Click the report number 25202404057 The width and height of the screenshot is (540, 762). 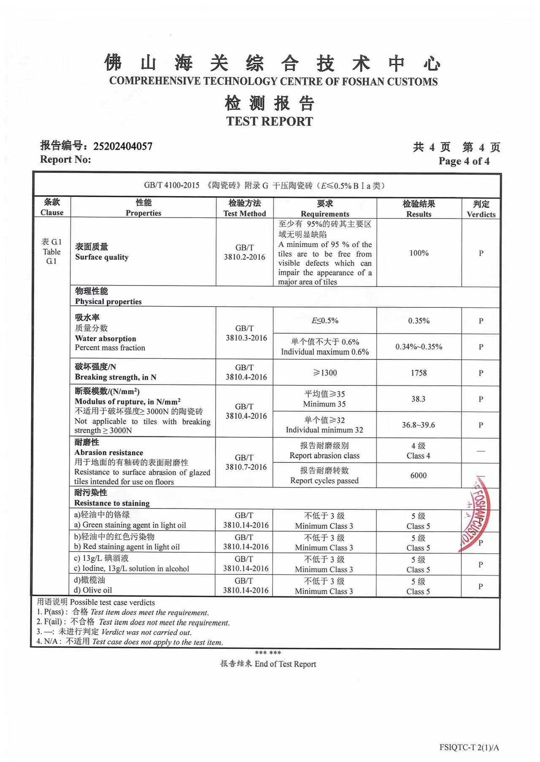tap(122, 146)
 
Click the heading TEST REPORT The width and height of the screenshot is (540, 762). tap(270, 121)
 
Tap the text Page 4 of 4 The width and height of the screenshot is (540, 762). tap(464, 161)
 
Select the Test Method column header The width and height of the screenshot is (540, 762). tap(245, 208)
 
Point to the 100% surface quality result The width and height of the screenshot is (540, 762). tap(419, 253)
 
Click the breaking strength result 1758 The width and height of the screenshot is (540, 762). tap(419, 373)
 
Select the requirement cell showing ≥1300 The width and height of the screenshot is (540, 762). tap(325, 373)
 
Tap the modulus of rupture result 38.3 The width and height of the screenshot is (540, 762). tap(418, 399)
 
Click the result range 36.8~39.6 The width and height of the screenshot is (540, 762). tap(418, 425)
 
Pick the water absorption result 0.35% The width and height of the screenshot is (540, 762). tap(419, 321)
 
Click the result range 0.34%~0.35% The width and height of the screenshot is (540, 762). tap(419, 347)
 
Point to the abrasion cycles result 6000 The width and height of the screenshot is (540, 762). tap(418, 476)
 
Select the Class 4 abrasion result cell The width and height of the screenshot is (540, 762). tap(418, 451)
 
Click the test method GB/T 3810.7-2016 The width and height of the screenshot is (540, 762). tap(246, 462)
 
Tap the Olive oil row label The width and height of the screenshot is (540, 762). tap(93, 590)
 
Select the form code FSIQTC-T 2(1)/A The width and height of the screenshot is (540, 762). tap(469, 748)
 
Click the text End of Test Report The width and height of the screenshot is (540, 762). tap(285, 664)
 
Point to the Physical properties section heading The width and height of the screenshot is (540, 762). tap(108, 302)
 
